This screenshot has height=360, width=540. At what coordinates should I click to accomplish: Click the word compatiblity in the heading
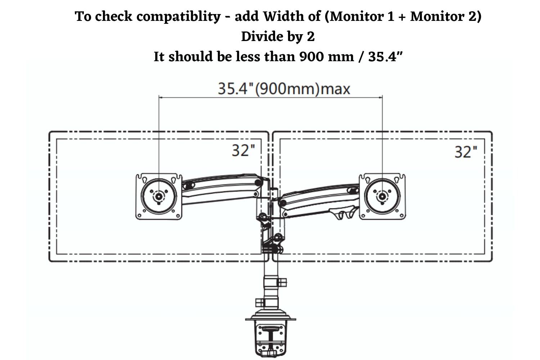179,17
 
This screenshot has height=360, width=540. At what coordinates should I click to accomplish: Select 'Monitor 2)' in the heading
446,16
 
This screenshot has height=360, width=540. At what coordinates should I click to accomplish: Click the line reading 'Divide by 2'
278,36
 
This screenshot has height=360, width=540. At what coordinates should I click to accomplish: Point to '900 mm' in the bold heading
327,57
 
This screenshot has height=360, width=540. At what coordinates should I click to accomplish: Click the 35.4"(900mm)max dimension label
284,89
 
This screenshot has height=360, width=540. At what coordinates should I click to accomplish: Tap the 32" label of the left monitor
243,150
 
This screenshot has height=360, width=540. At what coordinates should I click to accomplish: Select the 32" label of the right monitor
466,152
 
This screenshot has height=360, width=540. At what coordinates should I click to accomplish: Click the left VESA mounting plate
159,196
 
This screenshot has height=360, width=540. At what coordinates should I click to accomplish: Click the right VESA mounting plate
382,196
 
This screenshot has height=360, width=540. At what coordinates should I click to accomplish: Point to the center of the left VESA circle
159,197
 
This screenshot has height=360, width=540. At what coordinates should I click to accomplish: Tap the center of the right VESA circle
382,197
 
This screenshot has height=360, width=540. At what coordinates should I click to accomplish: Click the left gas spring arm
222,189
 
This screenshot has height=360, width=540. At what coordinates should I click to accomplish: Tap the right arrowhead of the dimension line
381,98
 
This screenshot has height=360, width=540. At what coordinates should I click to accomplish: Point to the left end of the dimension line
159,98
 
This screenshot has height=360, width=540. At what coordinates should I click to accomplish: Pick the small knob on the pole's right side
282,283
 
